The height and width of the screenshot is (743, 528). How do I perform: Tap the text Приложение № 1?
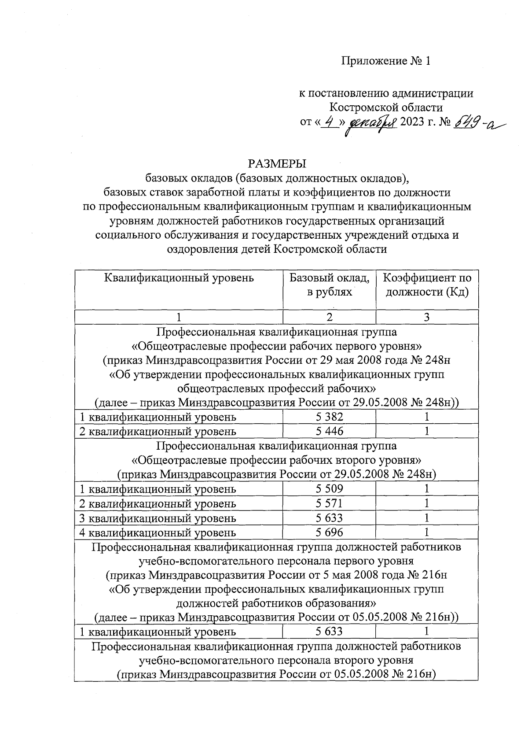point(386,62)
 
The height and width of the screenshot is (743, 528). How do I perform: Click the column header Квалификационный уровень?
point(179,278)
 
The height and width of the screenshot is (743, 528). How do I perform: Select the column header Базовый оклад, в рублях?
point(330,285)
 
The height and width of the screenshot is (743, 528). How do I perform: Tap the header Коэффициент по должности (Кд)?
point(427,285)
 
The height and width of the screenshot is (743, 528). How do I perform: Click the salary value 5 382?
point(330,417)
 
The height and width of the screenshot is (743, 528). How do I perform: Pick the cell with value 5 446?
point(330,431)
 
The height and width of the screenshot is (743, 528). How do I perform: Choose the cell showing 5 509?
point(330,488)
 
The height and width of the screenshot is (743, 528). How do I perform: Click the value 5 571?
point(330,503)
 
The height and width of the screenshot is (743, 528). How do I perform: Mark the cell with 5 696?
point(330,532)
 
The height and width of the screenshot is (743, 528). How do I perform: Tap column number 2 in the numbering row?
point(330,317)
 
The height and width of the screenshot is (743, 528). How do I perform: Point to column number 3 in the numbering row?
point(427,317)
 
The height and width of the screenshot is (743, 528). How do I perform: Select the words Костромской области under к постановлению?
point(386,107)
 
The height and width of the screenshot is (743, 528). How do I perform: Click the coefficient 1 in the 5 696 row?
point(427,532)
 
